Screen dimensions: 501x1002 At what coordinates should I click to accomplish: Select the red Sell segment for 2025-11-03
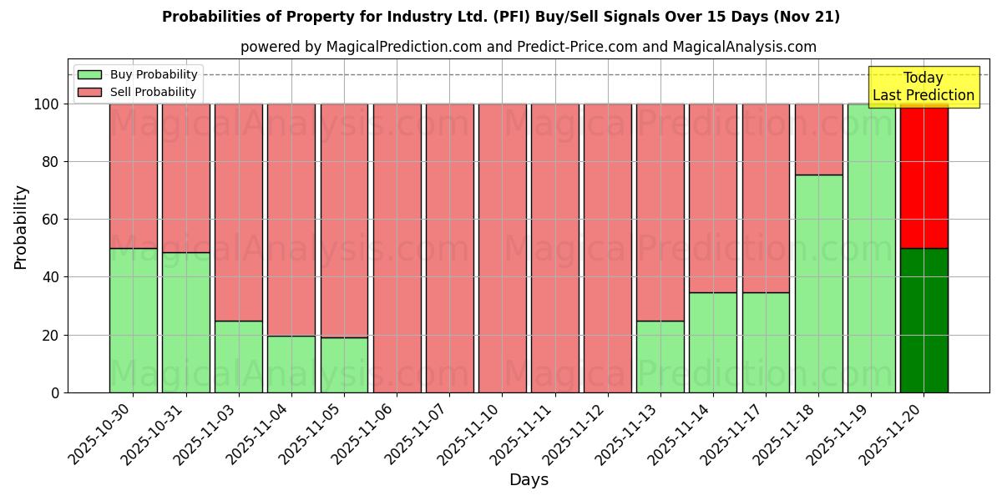(239, 212)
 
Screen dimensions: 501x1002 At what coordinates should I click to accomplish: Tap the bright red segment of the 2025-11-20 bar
(924, 175)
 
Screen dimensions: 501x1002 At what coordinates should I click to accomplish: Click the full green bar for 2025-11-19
(871, 248)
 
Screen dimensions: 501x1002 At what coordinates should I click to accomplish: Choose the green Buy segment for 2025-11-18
(818, 284)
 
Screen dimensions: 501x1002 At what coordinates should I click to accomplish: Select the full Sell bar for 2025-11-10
(502, 248)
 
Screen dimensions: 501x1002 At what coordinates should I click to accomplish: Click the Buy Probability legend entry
(138, 74)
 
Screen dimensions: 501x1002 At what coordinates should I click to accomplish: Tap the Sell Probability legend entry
(138, 92)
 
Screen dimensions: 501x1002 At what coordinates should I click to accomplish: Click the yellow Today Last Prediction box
(923, 87)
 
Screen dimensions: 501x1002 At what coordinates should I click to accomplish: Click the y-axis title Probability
(21, 226)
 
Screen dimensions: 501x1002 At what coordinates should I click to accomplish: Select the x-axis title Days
(529, 480)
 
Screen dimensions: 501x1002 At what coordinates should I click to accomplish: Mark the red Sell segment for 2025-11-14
(713, 198)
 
